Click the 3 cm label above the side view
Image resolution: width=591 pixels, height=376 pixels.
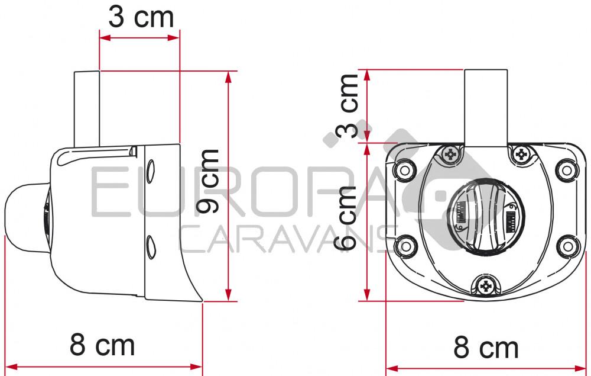click(141, 17)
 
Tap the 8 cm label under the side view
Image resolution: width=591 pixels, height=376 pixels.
click(102, 344)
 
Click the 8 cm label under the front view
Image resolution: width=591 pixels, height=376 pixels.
click(486, 347)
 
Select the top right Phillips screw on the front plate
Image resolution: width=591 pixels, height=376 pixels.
click(521, 155)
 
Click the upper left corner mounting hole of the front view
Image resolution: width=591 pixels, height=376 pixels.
click(405, 171)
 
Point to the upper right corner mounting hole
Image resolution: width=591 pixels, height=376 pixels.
click(567, 171)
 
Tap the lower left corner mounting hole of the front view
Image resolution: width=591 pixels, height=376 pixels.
click(405, 245)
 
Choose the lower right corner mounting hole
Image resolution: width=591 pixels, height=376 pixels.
click(567, 245)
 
